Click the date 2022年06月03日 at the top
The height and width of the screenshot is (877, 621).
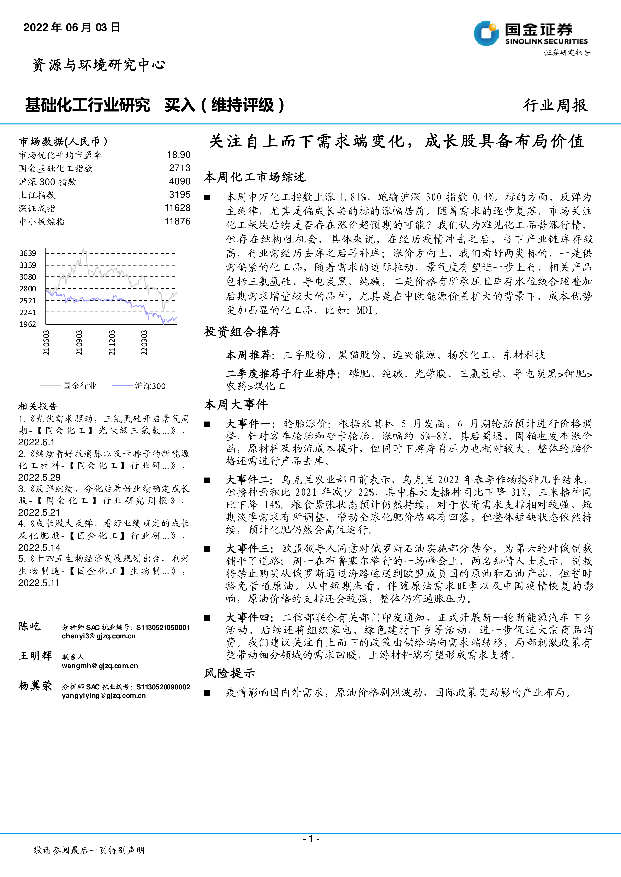coord(72,27)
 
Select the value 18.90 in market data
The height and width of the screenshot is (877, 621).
coord(179,155)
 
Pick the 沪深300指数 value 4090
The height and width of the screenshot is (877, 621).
coord(180,181)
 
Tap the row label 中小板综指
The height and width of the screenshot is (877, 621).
coord(42,222)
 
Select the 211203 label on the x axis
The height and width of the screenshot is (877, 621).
coord(112,343)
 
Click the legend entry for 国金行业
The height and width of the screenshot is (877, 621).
coord(80,386)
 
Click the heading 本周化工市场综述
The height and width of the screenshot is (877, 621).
coord(255,177)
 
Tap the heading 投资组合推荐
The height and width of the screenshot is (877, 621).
coord(242,332)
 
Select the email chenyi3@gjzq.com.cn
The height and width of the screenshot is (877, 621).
coord(99,636)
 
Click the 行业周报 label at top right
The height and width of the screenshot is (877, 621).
coord(555,105)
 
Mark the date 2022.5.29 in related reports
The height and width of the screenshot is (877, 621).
coord(39,477)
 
